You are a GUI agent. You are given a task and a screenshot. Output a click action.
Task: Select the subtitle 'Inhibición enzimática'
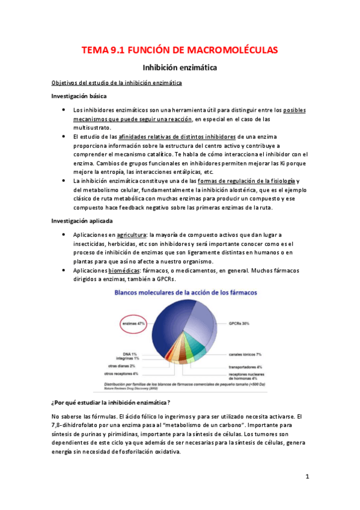[x=179, y=69]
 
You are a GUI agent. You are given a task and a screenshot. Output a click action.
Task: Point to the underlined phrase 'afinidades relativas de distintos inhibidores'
[x=178, y=137]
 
